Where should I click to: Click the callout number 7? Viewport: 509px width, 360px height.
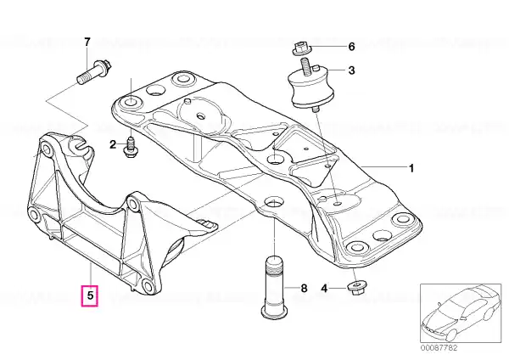(x=87, y=42)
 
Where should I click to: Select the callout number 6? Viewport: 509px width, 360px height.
(x=351, y=47)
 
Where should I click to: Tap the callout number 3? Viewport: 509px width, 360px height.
(x=351, y=70)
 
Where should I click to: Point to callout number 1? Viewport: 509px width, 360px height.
(x=411, y=169)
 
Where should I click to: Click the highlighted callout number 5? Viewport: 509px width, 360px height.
(x=90, y=295)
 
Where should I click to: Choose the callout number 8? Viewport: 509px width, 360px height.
(x=304, y=288)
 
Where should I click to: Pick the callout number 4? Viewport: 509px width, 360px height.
(x=324, y=288)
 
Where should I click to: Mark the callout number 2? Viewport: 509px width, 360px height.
(x=113, y=144)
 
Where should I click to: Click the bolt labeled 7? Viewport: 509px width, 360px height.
(x=94, y=71)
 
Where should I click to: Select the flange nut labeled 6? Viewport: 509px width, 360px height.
(x=301, y=48)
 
